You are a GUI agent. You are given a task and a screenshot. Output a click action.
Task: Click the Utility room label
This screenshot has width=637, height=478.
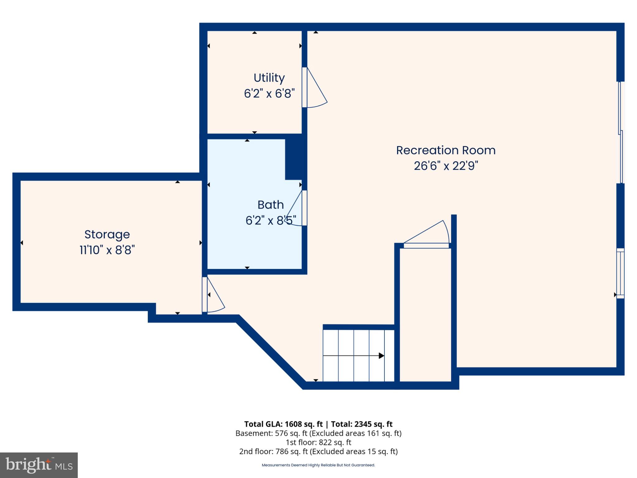click(x=269, y=78)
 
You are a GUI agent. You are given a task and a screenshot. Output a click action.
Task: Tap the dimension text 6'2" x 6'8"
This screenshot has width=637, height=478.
click(x=269, y=93)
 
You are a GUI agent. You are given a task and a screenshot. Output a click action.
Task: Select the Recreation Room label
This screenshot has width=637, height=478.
click(x=445, y=150)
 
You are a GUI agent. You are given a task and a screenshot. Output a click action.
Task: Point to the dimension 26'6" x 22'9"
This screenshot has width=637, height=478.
click(x=445, y=166)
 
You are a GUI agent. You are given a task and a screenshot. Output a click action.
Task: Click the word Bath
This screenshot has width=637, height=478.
click(x=271, y=205)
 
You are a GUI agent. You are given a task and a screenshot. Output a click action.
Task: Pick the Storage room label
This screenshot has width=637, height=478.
click(x=107, y=234)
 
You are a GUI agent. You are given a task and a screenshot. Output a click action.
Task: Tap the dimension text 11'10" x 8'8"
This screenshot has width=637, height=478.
click(x=107, y=250)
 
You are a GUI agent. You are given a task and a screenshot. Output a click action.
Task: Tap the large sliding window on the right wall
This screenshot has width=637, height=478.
click(x=621, y=132)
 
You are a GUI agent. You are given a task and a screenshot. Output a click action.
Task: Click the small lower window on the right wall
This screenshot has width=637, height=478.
click(x=620, y=273)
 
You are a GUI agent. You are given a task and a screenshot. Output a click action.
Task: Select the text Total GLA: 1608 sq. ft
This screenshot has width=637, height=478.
click(x=283, y=424)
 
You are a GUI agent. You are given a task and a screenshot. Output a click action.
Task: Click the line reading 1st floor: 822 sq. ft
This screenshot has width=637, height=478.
click(x=318, y=442)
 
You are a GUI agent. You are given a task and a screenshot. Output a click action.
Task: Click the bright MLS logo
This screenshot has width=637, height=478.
click(x=39, y=465)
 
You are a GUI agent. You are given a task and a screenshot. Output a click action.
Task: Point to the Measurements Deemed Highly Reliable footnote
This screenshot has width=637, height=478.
click(x=318, y=465)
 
